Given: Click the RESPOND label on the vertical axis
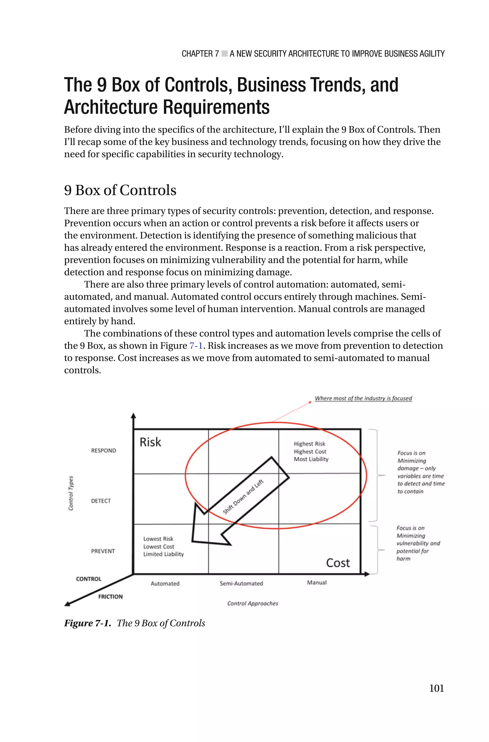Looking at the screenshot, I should point(104,450).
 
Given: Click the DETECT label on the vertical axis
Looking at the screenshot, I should point(101,501).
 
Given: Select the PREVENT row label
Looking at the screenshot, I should point(103,551).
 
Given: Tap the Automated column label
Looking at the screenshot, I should point(165,584).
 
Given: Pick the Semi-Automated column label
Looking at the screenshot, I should point(241,584).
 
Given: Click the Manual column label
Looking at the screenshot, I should point(317,583).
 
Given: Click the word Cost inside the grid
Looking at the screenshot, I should point(338,563).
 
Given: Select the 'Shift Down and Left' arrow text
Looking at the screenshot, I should point(243,497).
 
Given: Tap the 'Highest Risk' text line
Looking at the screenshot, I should point(309,444).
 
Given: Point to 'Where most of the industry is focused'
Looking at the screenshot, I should point(363,398).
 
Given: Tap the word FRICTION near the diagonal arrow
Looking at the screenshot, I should point(110,597).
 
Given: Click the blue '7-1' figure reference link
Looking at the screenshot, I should point(196,346).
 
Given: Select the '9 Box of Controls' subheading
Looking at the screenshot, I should point(120,190).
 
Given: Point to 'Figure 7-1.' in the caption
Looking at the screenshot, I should point(88,623).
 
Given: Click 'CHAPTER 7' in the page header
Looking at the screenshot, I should point(200,54).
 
